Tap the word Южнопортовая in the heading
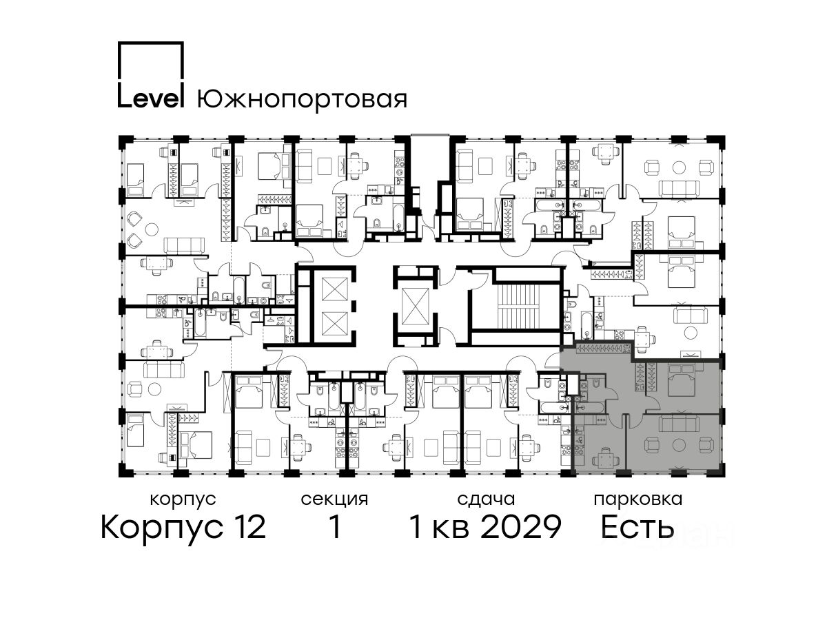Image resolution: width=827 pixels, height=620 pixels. point(302,101)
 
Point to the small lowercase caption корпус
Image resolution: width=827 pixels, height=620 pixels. point(183,500)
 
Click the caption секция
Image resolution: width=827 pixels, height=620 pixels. point(334,500)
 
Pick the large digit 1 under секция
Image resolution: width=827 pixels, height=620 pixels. point(335,527)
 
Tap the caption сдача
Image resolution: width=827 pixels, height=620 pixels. point(486,500)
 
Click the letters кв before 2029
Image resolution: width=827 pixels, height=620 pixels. point(451,530)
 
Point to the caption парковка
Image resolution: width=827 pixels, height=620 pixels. point(638,500)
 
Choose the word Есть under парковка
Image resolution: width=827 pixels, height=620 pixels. point(637,527)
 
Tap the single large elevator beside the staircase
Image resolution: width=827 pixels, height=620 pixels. point(415,306)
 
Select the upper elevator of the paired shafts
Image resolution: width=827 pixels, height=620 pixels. point(334,289)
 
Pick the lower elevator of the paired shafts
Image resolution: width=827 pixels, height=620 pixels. point(334,323)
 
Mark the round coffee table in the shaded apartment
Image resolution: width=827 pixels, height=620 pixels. point(679,445)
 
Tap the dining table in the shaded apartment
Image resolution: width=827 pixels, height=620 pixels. point(606,460)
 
